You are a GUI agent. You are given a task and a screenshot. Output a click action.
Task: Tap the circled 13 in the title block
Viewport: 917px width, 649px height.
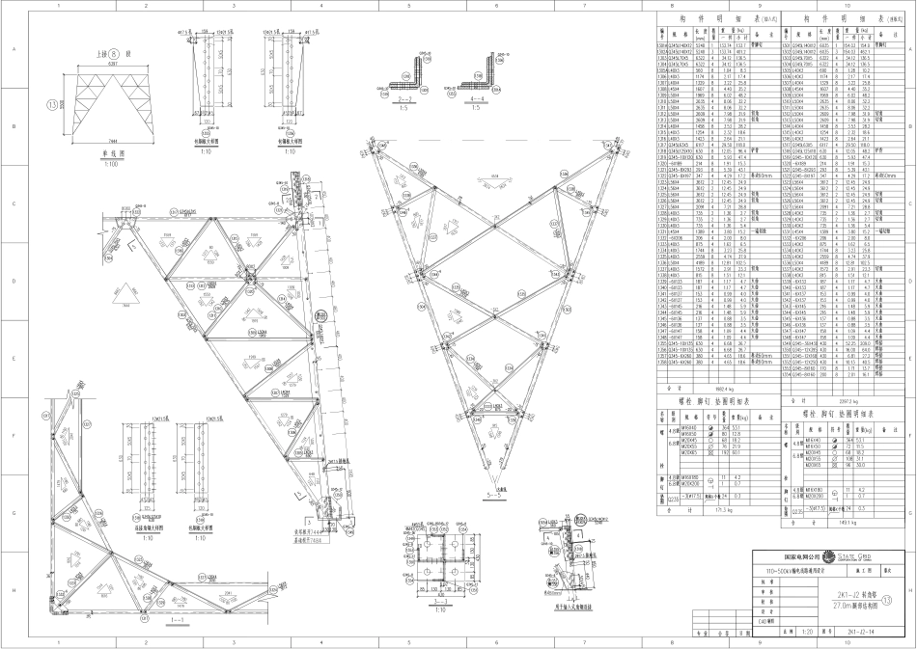pos(903,599)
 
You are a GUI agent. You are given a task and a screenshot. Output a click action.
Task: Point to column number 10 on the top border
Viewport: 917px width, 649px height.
pos(847,6)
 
